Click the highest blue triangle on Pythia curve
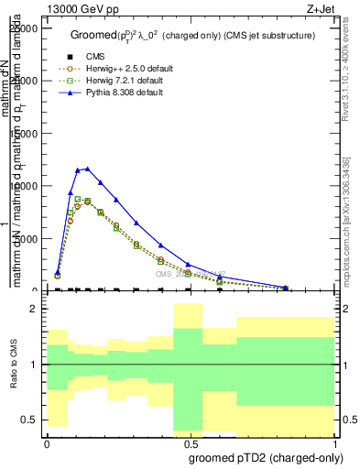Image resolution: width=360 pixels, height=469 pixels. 86,169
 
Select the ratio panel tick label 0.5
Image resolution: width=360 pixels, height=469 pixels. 29,420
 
